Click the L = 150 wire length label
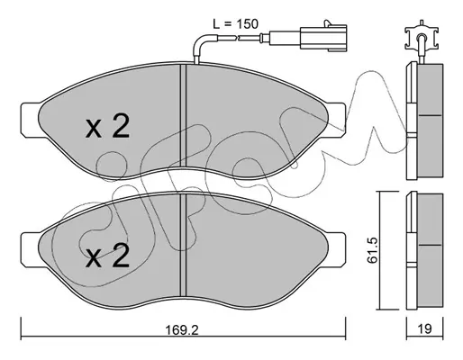pos(235,24)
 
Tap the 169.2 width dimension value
pos(182,329)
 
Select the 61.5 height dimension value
pos(373,250)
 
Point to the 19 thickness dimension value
pos(424,329)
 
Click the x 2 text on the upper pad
pos(107,126)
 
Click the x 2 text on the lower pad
pos(107,255)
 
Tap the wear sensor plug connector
pos(323,38)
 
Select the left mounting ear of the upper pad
pos(30,121)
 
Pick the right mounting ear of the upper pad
pos(336,121)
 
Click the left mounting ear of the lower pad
pos(30,250)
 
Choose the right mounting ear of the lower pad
pos(336,250)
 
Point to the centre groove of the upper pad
pos(183,116)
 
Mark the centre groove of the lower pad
pos(183,246)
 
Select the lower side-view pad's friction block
pos(430,250)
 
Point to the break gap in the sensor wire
pos(237,38)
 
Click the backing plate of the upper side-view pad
pos(412,121)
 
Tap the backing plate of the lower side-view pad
pos(412,251)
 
